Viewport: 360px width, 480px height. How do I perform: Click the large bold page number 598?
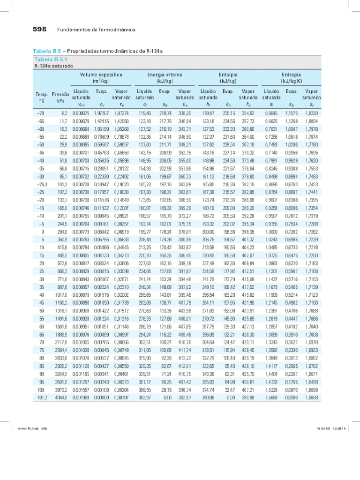click(39, 29)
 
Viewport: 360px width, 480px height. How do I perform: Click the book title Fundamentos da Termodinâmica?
click(96, 30)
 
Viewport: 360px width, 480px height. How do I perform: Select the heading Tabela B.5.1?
click(51, 60)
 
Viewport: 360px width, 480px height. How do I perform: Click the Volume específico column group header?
click(101, 78)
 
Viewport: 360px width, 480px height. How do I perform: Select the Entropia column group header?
click(292, 78)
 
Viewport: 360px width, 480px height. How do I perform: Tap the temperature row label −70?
click(41, 113)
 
